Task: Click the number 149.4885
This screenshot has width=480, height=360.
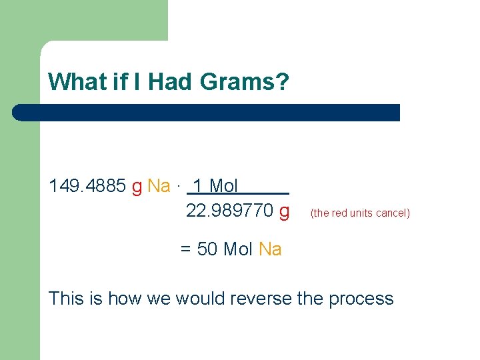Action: point(87,186)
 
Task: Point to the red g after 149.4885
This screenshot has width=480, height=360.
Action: point(137,187)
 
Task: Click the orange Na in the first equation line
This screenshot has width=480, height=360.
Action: point(159,186)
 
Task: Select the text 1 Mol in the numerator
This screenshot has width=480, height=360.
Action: point(215,186)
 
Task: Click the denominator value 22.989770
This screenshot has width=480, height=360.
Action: point(229,211)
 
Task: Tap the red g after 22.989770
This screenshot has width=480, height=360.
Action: point(285,212)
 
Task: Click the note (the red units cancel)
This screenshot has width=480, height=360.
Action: point(360,213)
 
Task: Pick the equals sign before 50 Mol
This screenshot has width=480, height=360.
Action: point(187,249)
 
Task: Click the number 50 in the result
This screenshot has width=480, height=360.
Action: point(208,249)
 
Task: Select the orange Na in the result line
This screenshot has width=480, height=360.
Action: point(270,249)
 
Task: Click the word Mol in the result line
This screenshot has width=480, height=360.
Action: point(238,249)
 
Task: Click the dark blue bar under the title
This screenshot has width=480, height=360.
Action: point(207,112)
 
